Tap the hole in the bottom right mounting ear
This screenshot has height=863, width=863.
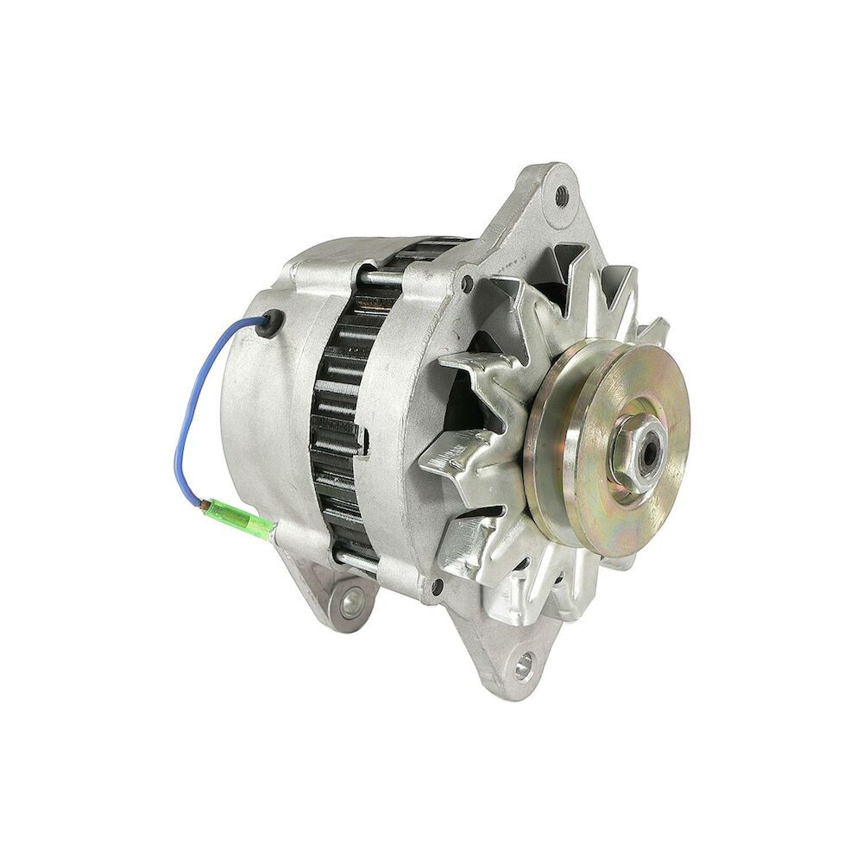point(524,665)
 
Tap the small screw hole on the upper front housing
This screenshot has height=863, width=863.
point(467,281)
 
